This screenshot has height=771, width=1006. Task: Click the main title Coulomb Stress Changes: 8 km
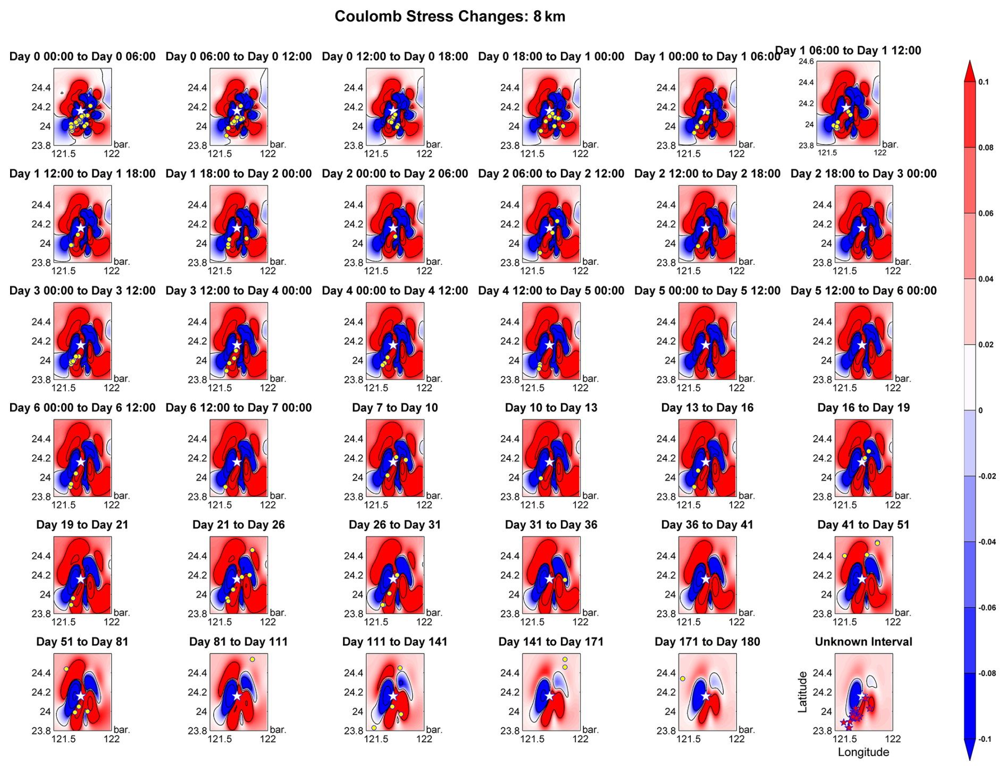[x=449, y=16]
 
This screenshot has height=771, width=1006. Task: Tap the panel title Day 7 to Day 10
[x=395, y=408]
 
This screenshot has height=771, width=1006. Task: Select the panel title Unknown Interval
[x=863, y=642]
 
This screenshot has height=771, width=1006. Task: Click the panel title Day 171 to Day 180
[x=707, y=642]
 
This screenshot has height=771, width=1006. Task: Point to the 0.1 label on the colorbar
[x=983, y=82]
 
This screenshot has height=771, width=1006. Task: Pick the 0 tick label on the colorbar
[x=980, y=410]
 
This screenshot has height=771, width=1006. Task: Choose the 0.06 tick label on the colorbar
[x=985, y=213]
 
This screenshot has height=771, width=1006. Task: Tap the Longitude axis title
[x=863, y=752]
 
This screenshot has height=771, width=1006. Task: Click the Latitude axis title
[x=802, y=692]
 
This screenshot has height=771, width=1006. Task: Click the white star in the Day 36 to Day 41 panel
[x=706, y=579]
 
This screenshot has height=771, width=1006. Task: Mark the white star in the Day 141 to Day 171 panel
[x=549, y=696]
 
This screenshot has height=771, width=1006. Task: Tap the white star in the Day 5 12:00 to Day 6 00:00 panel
[x=862, y=345]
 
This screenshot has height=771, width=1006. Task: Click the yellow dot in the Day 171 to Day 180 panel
[x=682, y=678]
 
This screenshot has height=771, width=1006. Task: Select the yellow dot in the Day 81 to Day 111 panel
[x=253, y=659]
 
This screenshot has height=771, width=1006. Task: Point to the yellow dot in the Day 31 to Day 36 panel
[x=565, y=580]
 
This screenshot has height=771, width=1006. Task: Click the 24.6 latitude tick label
[x=806, y=62]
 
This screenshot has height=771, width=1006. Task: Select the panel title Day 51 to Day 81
[x=82, y=642]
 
